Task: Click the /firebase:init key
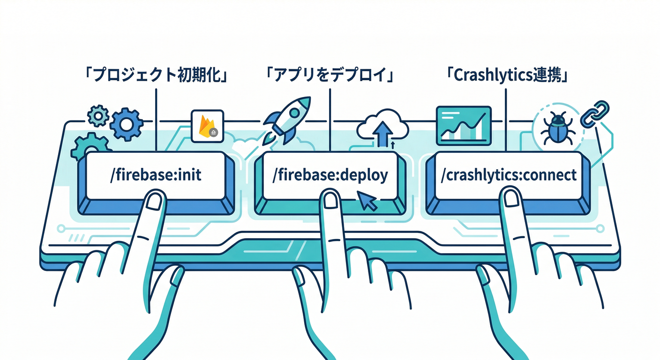155,176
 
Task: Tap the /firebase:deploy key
330,176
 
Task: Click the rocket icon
287,119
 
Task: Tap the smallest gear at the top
98,115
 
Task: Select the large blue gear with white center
127,124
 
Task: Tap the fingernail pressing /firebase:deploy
331,200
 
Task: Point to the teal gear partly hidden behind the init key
88,145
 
